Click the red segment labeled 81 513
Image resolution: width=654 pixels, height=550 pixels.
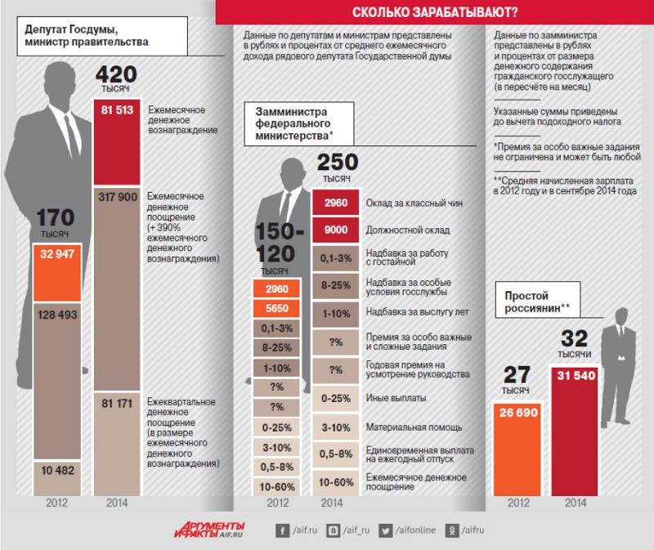coord(117,141)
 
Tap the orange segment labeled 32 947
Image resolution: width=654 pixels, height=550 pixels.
coord(57,272)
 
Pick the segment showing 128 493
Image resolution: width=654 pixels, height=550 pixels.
coord(57,381)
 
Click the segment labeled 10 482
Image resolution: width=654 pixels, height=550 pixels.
coord(57,478)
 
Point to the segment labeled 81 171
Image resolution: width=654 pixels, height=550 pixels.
coord(117,444)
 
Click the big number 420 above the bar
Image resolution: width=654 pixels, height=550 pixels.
coord(116,74)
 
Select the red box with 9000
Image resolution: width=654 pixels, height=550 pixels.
coord(336,230)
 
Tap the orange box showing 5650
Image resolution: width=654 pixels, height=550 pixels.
coord(276,309)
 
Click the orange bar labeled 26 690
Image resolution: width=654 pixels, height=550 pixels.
coord(517,449)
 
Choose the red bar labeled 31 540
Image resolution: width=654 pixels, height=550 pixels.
coord(575,432)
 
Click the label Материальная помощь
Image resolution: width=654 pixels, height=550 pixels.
coord(414,427)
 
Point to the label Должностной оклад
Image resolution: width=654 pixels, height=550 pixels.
coord(407,230)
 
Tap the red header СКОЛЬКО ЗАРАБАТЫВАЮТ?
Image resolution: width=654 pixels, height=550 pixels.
coord(435,12)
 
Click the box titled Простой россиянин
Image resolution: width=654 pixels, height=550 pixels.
coord(538,302)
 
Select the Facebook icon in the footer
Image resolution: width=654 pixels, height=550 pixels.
coord(282,531)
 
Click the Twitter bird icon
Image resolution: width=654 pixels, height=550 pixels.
coord(385,531)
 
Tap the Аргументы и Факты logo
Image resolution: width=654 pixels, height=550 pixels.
coord(209,530)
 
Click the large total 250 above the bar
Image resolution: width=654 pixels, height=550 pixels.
coord(338,162)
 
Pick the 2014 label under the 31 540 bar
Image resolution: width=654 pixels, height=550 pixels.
coord(576,503)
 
